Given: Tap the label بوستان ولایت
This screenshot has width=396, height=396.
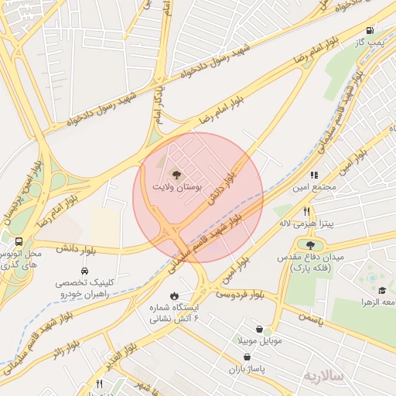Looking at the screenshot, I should click(x=177, y=187).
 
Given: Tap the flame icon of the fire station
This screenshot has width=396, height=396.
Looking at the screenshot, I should click(x=174, y=295).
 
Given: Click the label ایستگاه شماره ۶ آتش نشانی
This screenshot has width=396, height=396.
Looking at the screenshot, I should click(x=174, y=312).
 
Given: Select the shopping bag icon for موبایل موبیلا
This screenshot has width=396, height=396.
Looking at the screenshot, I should click(x=269, y=329).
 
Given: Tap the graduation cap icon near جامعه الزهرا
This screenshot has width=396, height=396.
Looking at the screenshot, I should click(x=360, y=301).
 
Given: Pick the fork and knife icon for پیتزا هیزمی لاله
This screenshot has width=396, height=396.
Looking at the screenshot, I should click(x=307, y=211).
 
